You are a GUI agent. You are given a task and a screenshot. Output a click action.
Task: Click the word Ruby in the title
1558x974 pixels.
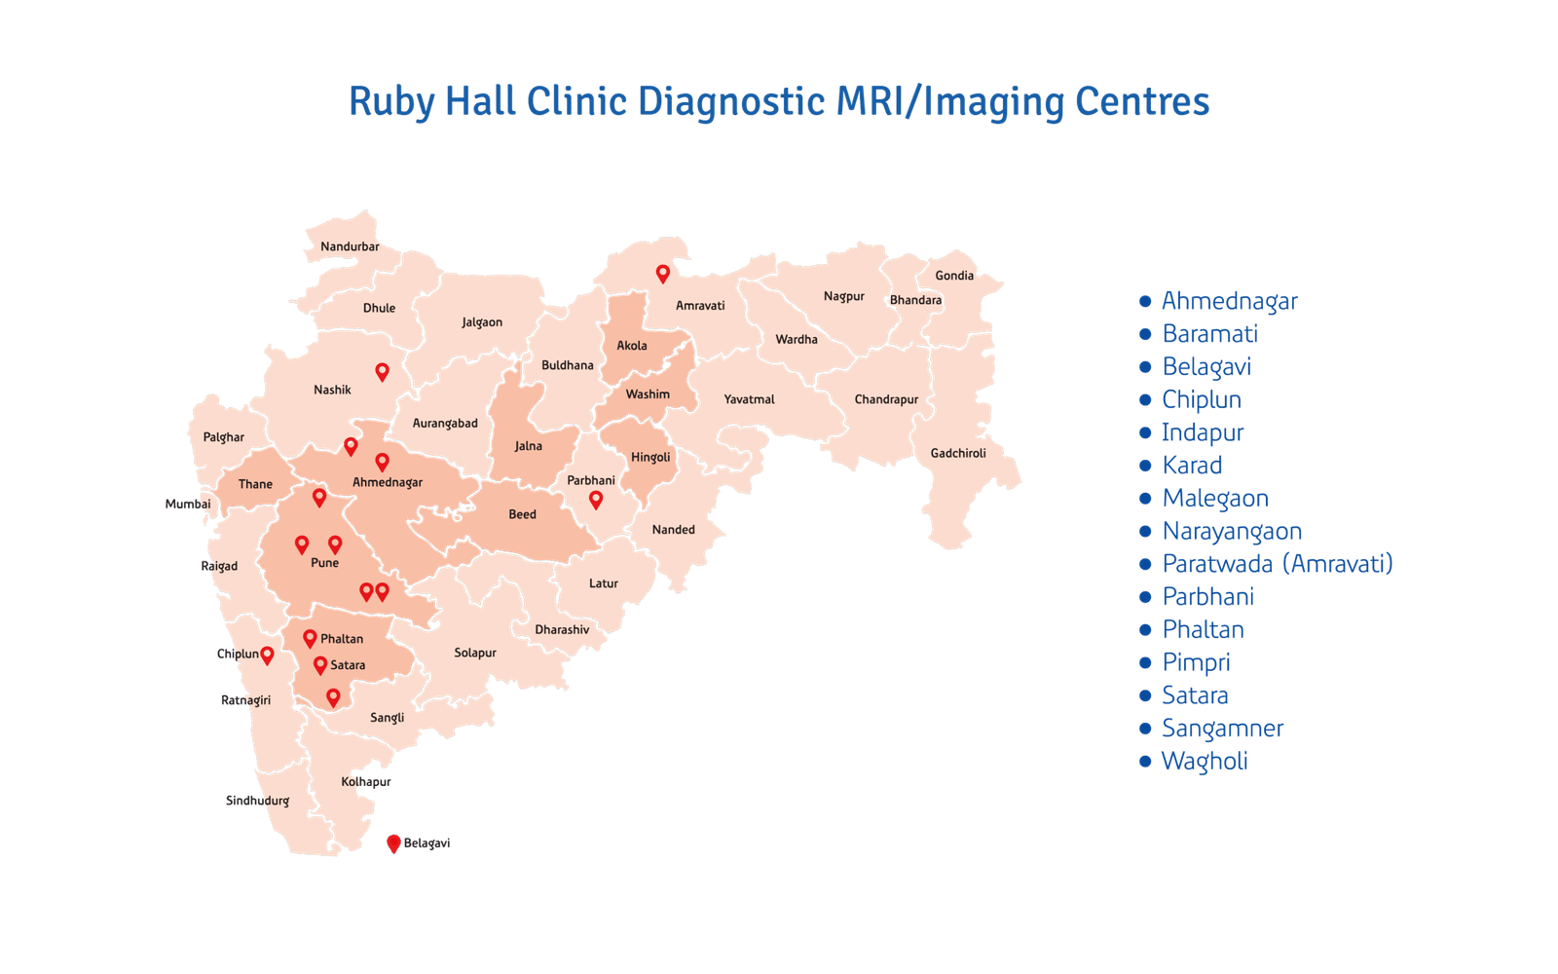pos(389,102)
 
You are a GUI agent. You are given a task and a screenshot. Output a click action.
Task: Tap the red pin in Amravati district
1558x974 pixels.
pos(662,274)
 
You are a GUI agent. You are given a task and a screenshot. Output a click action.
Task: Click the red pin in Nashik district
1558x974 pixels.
pos(383,371)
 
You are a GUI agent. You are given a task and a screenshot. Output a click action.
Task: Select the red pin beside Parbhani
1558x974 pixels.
pos(596,500)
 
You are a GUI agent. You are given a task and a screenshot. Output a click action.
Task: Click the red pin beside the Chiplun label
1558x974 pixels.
pos(267,656)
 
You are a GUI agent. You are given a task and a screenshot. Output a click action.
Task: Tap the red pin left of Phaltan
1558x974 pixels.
pos(310,639)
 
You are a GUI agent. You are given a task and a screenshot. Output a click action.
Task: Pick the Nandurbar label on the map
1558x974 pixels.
pos(350,246)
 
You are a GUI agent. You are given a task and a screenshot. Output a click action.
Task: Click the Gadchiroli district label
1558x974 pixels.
pos(958,453)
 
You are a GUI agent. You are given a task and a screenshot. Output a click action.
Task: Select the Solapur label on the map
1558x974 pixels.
pos(475,653)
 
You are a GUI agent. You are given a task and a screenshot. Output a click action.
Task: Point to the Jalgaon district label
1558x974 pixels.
pos(482,322)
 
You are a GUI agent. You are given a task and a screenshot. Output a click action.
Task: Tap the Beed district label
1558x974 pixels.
pos(522,514)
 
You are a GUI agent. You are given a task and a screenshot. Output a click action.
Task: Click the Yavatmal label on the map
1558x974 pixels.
pos(749,399)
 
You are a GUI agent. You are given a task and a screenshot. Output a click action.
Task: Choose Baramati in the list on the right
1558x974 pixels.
pos(1210,334)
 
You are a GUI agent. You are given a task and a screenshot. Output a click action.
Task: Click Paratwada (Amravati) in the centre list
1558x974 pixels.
pos(1278,564)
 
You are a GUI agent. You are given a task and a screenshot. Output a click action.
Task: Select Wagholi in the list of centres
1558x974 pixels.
pos(1206,762)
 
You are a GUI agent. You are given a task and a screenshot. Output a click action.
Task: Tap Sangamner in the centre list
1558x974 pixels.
pos(1223,729)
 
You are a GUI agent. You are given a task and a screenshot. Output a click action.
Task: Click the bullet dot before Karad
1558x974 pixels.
pos(1145,466)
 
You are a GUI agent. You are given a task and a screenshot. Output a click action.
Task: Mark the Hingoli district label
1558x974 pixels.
pos(650,457)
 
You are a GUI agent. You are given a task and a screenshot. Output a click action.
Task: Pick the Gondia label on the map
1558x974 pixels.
pos(954,276)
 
